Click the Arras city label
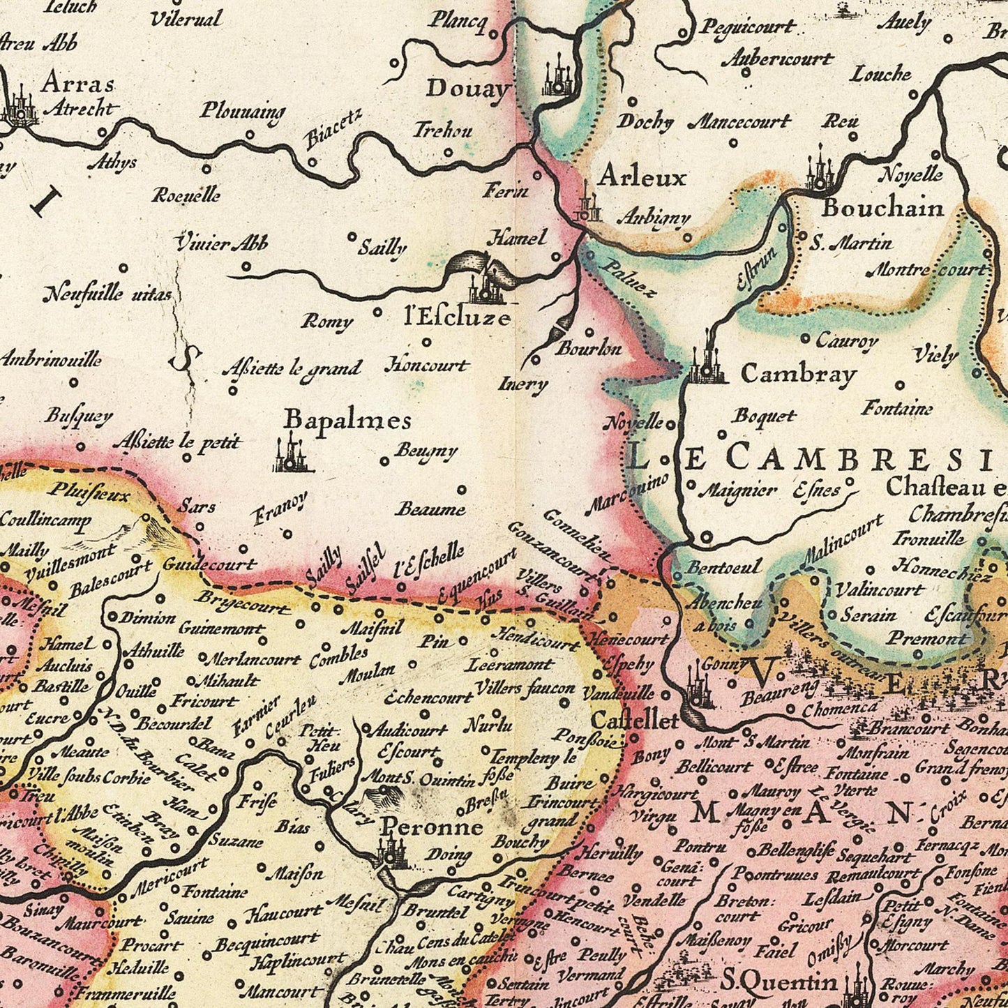coord(77,83)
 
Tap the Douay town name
coord(468,89)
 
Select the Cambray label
coord(798,374)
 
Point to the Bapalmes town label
coord(347,420)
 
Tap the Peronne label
coord(431,827)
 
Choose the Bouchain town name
coord(882,208)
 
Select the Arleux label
coord(642,177)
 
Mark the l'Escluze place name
coord(458,318)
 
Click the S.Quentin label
coord(778,982)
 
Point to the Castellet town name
coord(634,720)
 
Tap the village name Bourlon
coord(588,348)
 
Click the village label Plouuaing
coord(243,110)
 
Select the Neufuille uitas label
coord(107,294)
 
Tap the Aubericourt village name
coord(777,59)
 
